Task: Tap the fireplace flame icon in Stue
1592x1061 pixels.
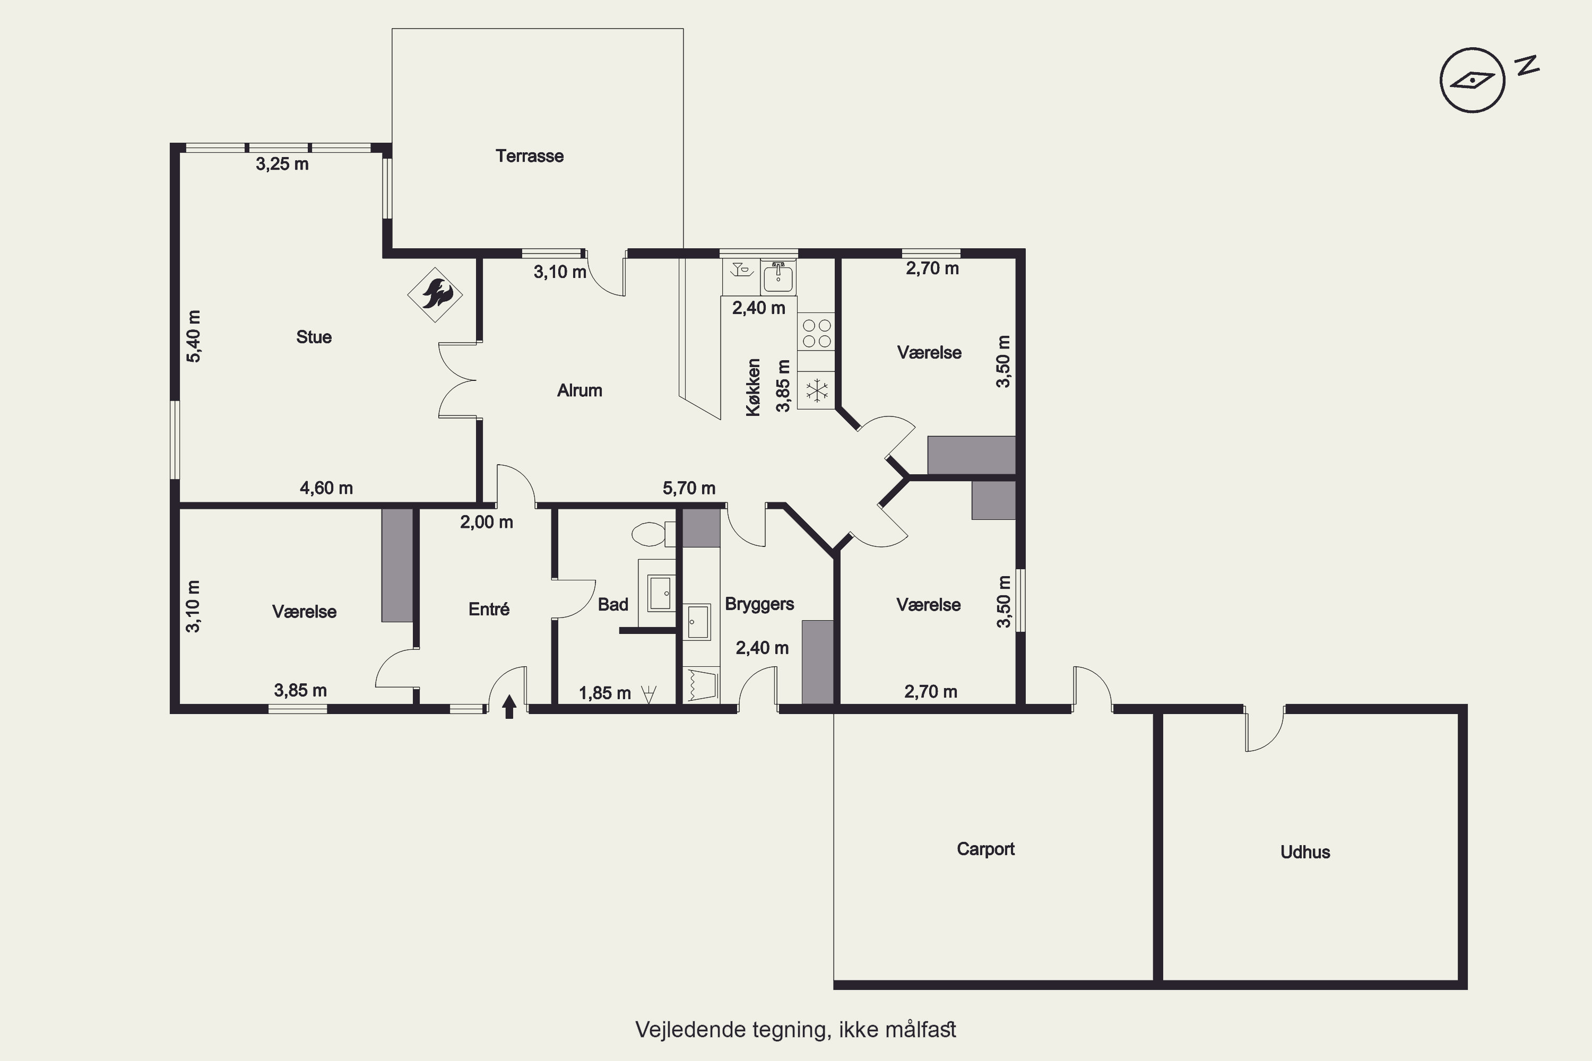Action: coord(435,295)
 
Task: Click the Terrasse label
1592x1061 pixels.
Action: coord(529,156)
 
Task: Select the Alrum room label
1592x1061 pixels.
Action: coord(579,390)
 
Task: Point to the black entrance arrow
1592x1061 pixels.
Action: coord(509,707)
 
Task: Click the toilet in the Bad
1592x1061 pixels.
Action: coord(653,534)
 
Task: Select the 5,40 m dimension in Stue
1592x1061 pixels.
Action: coord(194,336)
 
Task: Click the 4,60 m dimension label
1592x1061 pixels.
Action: coord(326,488)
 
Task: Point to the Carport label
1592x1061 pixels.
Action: coord(985,849)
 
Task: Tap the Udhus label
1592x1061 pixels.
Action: coord(1305,852)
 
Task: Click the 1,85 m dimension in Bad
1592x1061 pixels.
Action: coord(604,693)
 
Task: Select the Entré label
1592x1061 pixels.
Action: coord(489,609)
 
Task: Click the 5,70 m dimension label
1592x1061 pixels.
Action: coord(688,488)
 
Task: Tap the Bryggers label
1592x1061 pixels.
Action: coord(759,604)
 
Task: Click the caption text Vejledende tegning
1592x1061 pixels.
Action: coord(732,1029)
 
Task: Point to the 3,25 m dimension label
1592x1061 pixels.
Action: coord(282,164)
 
